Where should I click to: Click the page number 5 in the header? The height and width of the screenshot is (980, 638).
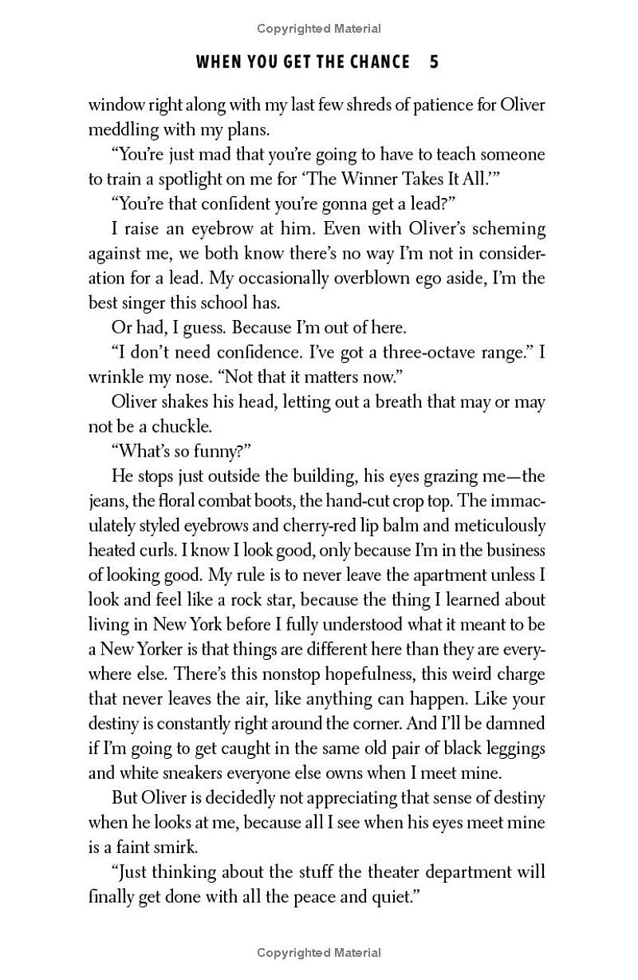434,61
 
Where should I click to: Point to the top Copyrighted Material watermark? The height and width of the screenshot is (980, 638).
319,29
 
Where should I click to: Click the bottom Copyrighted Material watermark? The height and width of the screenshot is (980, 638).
319,952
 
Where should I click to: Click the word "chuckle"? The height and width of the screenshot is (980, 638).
183,426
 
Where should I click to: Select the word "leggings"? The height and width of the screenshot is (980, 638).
510,748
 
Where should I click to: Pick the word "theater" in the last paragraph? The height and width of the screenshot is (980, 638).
376,872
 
